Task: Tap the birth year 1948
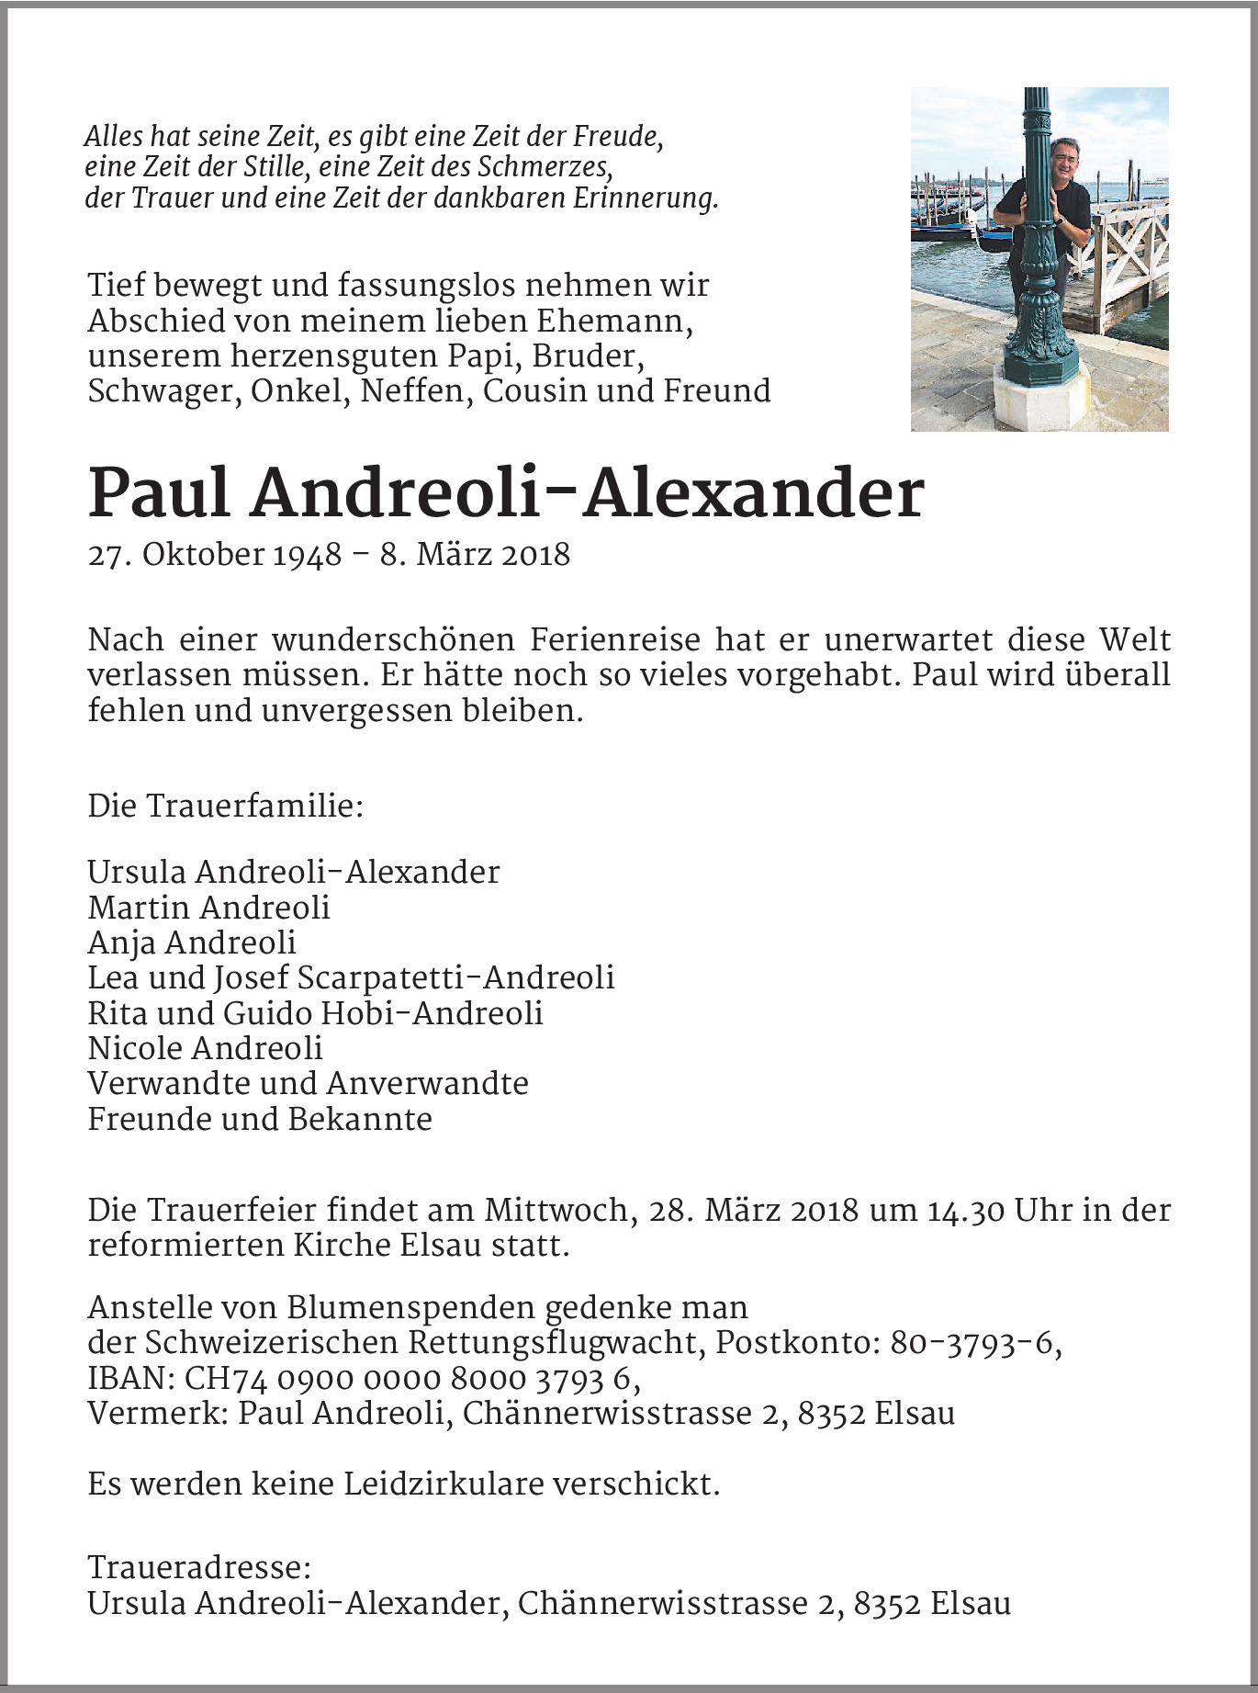pyautogui.click(x=308, y=555)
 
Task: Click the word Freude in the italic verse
pyautogui.click(x=616, y=137)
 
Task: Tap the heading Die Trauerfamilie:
pyautogui.click(x=226, y=807)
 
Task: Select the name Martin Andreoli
pyautogui.click(x=208, y=908)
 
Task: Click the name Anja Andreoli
pyautogui.click(x=192, y=942)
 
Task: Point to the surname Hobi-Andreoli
pyautogui.click(x=432, y=1013)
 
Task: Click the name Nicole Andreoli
pyautogui.click(x=206, y=1048)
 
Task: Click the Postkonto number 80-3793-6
pyautogui.click(x=974, y=1343)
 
